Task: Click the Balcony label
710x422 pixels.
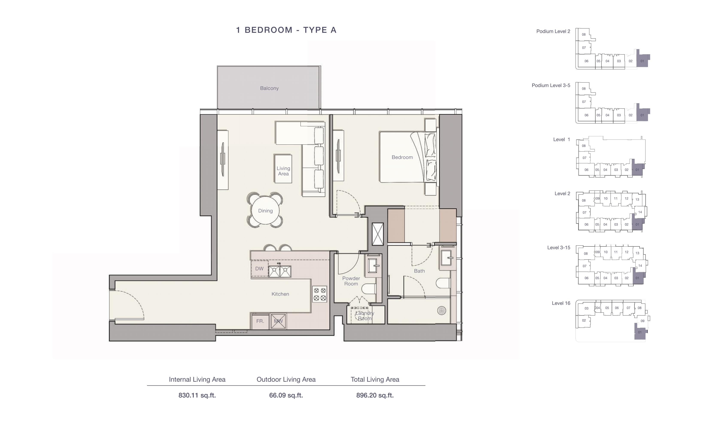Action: click(x=269, y=88)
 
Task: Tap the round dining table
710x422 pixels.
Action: click(x=265, y=211)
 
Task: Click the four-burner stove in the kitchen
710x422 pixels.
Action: click(x=319, y=294)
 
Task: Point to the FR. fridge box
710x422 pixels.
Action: click(x=260, y=321)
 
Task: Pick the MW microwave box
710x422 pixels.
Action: click(x=278, y=321)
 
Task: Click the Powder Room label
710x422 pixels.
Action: click(x=351, y=281)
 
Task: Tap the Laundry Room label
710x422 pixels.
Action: click(x=365, y=316)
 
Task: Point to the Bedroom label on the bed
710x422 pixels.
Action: click(x=402, y=157)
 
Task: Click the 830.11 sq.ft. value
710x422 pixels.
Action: click(x=197, y=395)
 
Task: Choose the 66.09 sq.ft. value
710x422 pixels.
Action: click(x=286, y=395)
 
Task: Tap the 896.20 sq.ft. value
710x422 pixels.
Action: click(x=375, y=395)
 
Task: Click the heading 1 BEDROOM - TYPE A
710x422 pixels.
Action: click(x=286, y=30)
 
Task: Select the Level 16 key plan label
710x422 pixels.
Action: click(x=561, y=303)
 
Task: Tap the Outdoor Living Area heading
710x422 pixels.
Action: click(x=286, y=379)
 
